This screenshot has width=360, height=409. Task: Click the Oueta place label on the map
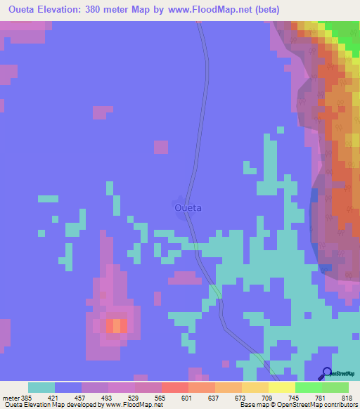point(188,208)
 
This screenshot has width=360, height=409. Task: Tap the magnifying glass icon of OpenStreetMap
point(326,372)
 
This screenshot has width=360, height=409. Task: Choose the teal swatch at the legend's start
point(41,387)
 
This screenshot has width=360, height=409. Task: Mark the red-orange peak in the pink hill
point(116,325)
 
